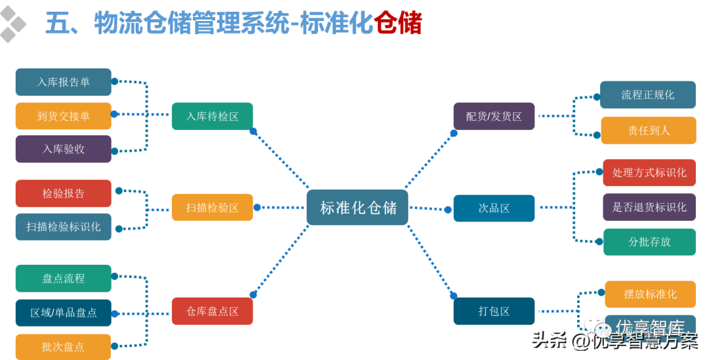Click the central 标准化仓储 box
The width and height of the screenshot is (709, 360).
point(358,208)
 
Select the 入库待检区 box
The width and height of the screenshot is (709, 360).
point(212,116)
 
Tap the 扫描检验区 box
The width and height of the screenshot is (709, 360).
point(212,208)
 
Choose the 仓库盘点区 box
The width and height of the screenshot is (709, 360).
point(212,311)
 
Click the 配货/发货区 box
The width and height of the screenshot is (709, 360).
point(494,116)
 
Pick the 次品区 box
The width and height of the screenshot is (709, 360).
point(494,208)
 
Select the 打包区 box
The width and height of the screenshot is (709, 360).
point(494,311)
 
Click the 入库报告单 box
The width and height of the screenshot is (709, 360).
point(64,82)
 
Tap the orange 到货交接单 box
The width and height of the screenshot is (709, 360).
point(64,116)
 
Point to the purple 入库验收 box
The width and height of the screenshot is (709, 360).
point(64,149)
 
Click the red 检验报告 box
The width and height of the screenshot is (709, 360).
point(64,193)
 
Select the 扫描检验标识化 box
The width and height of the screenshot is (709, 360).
point(64,227)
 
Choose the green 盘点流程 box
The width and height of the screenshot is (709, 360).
point(64,279)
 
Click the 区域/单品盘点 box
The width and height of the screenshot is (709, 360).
point(64,313)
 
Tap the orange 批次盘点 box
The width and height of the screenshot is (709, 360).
point(64,346)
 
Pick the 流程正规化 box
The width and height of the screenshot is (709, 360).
point(648,95)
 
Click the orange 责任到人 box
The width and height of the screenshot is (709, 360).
point(648,130)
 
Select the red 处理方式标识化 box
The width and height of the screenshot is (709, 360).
point(649,173)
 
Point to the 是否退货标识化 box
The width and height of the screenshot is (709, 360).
point(649,207)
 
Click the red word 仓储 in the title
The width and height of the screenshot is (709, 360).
point(398,24)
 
